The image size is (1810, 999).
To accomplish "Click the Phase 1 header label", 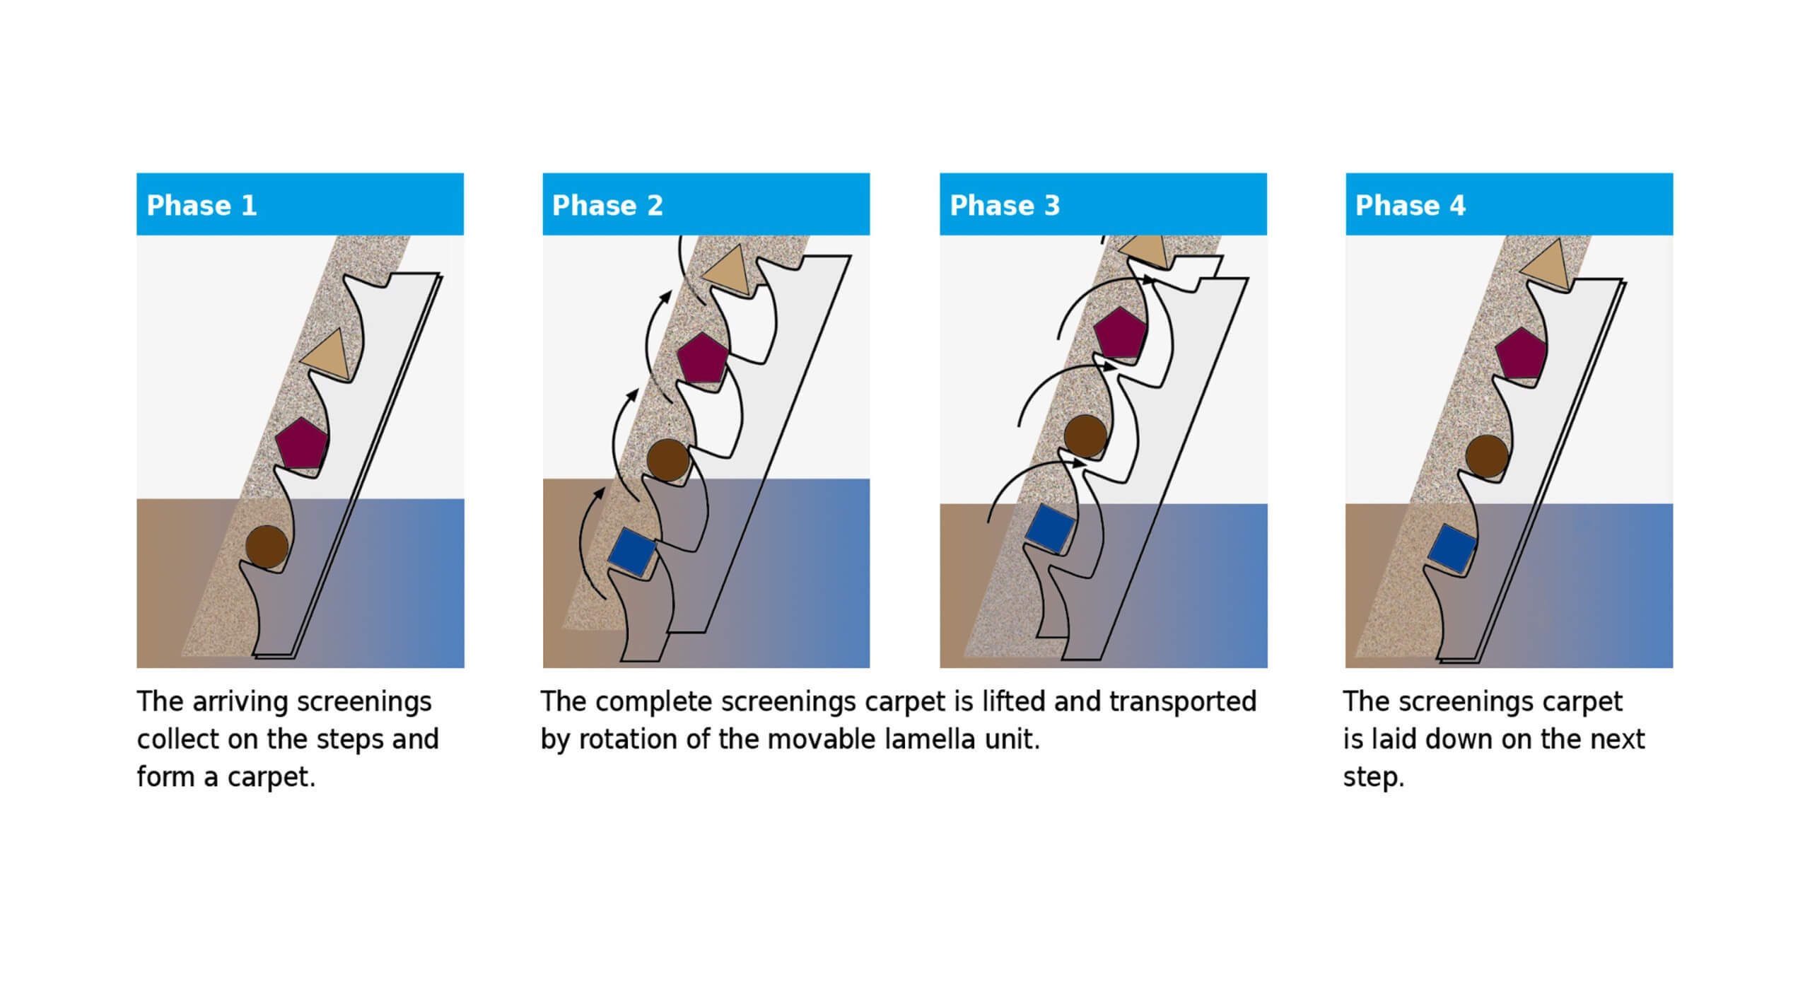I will [x=202, y=206].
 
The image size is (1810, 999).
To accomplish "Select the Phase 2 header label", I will [x=607, y=206].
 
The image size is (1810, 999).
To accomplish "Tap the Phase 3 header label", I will [x=1005, y=206].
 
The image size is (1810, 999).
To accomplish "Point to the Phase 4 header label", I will [x=1411, y=206].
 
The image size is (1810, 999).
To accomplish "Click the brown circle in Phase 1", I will [x=267, y=546].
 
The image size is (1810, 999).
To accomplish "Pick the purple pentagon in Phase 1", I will [x=301, y=443].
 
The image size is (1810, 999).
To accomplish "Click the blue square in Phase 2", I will [x=632, y=551].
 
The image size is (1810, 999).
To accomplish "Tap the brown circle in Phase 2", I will [x=667, y=459].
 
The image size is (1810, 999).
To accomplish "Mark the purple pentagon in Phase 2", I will [x=701, y=358].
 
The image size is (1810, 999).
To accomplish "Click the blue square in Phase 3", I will [x=1050, y=527].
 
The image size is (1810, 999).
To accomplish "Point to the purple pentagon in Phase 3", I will [x=1119, y=332].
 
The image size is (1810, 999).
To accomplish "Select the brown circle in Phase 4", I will [x=1486, y=456].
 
